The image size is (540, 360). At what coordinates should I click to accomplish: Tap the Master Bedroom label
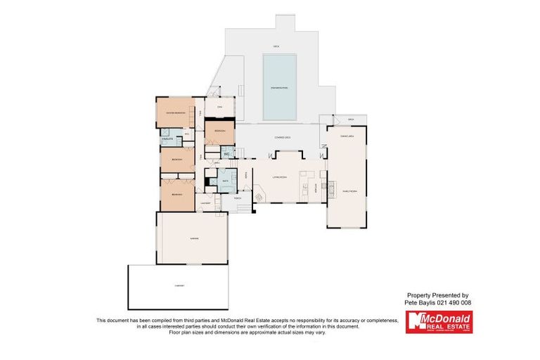tap(175, 112)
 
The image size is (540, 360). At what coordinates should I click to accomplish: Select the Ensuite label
tap(167, 139)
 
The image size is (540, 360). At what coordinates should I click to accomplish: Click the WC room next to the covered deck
tap(226, 154)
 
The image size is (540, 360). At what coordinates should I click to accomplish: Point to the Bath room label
tap(225, 181)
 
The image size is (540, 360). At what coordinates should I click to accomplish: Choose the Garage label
tap(193, 239)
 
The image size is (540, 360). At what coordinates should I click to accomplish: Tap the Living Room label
tap(279, 177)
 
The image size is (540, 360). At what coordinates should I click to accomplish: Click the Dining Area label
tap(347, 136)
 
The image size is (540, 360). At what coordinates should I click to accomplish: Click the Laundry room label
tap(205, 204)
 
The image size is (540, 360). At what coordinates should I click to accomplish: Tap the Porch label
tap(238, 198)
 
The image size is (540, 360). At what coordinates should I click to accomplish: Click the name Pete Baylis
tap(419, 302)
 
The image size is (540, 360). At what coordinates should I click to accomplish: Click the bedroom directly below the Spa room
tap(219, 131)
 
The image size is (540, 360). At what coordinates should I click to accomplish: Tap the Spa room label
tap(219, 107)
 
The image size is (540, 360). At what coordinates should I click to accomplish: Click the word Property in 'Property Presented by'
tap(420, 295)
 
